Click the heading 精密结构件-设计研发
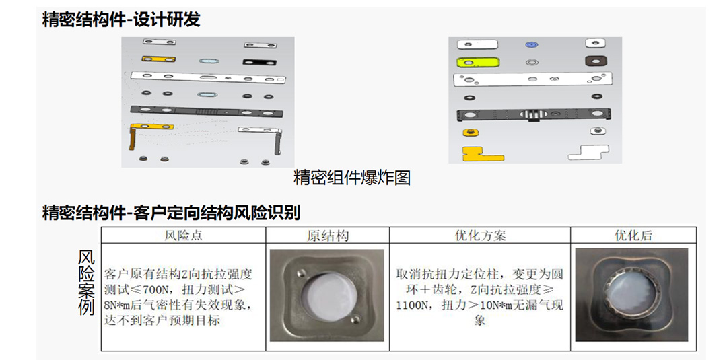tap(121, 20)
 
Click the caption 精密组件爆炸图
tap(352, 178)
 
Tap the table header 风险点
tap(183, 236)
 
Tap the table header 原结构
tap(327, 236)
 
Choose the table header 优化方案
tap(480, 236)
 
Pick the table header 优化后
tap(633, 236)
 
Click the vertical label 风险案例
tap(85, 283)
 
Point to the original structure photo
tap(327, 295)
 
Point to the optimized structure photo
tap(631, 295)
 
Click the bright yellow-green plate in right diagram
tap(479, 61)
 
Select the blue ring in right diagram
tap(531, 45)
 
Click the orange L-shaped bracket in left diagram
tap(133, 139)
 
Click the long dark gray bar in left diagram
tap(207, 112)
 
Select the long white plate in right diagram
tap(532, 79)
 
